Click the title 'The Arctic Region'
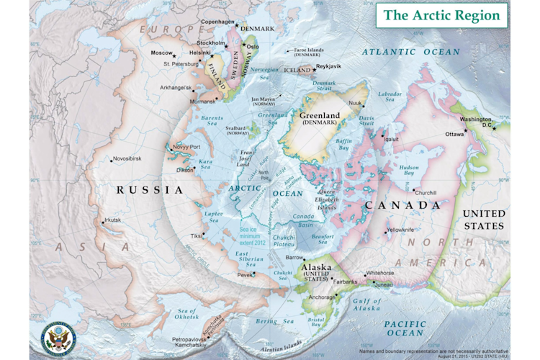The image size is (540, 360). click(441, 15)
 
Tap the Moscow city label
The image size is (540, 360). click(161, 53)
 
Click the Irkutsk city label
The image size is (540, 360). click(112, 220)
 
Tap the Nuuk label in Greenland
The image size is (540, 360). click(355, 103)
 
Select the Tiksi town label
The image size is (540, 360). click(196, 235)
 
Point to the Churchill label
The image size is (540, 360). click(425, 192)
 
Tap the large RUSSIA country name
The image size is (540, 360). click(150, 190)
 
